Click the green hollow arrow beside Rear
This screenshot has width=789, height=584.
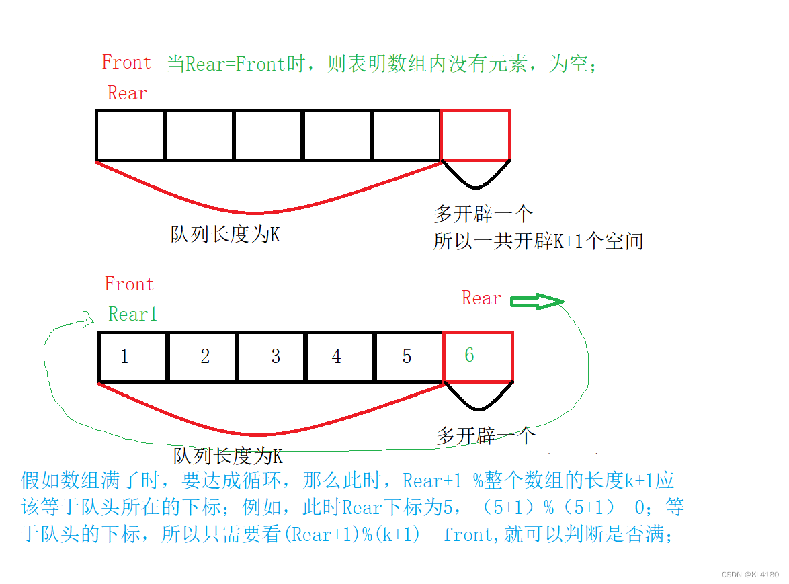[x=537, y=302]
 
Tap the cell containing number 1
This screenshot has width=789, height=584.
[x=132, y=356]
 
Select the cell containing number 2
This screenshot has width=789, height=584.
[x=202, y=356]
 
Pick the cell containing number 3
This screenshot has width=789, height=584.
[x=272, y=356]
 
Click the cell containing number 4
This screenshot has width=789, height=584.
[x=340, y=356]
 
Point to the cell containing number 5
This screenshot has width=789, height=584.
[x=409, y=356]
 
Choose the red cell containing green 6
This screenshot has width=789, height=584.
[x=478, y=356]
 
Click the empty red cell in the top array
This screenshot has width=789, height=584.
[x=475, y=135]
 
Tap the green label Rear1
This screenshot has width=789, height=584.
[x=132, y=314]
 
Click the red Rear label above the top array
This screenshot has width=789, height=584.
[x=127, y=93]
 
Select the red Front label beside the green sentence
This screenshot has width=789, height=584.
[x=126, y=62]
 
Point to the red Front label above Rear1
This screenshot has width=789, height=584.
[x=129, y=284]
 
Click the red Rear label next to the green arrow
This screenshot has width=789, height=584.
[x=481, y=298]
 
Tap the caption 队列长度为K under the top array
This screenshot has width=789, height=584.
[x=225, y=235]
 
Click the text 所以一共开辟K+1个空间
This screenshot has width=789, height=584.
[x=538, y=241]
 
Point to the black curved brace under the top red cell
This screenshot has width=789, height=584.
[x=476, y=176]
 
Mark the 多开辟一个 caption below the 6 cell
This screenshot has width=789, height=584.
[x=486, y=435]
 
